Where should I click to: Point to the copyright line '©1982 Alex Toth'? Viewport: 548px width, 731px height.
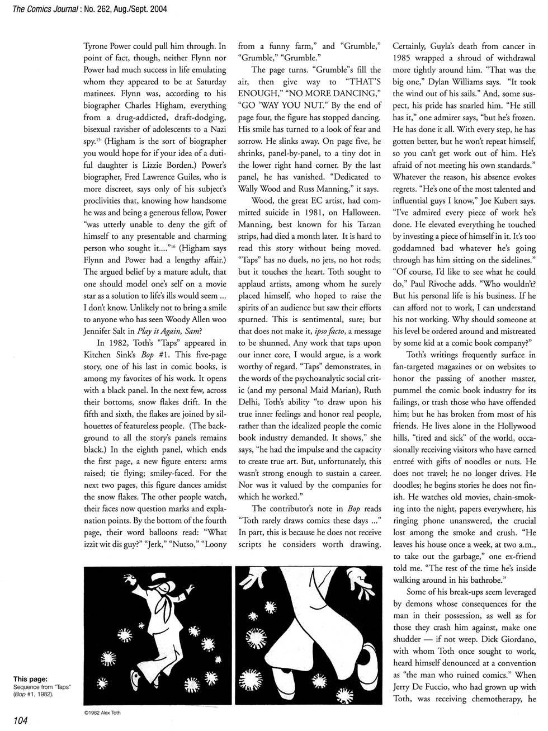pos(103,713)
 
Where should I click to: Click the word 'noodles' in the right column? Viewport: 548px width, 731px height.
pos(473,461)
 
